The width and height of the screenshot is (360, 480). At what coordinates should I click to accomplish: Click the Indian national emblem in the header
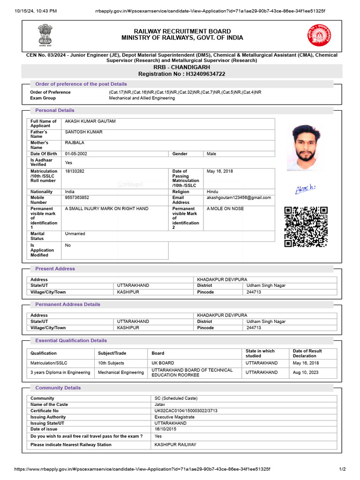[45, 36]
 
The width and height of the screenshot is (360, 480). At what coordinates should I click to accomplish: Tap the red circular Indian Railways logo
[319, 36]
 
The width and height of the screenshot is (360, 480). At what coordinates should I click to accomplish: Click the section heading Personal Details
[55, 111]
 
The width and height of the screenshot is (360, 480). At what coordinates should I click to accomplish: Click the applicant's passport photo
[305, 147]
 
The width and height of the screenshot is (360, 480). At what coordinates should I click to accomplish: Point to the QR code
[306, 226]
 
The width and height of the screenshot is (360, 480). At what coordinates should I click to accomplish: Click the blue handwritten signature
[305, 189]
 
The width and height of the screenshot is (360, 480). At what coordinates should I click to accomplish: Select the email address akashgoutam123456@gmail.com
[239, 198]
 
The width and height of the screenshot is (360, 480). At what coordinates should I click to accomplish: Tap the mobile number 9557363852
[77, 198]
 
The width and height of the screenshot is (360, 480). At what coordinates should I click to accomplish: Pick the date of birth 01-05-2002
[76, 154]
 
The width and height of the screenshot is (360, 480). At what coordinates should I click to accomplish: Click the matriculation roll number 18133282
[75, 172]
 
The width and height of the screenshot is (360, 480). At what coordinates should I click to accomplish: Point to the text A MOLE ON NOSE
[225, 209]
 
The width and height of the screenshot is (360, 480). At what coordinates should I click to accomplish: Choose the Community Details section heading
[58, 388]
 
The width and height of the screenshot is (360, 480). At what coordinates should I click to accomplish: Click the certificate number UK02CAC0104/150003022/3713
[186, 411]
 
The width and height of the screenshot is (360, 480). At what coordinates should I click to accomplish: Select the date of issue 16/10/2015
[165, 429]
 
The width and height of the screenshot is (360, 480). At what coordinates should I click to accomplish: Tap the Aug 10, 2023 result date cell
[306, 372]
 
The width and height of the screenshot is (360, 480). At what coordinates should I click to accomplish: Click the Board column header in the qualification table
[158, 353]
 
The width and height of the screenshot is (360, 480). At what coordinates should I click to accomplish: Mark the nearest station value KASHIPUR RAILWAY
[175, 444]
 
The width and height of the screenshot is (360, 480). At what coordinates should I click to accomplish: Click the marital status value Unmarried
[75, 233]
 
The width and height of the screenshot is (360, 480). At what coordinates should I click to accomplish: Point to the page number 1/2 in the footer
[342, 469]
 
